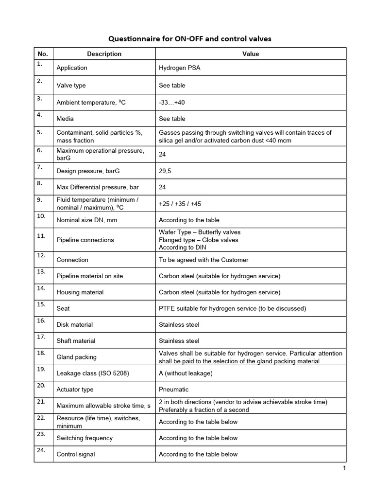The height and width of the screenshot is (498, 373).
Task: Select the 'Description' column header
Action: pyautogui.click(x=104, y=54)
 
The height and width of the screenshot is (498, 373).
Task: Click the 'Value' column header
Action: pyautogui.click(x=251, y=54)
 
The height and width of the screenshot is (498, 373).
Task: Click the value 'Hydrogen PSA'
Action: pyautogui.click(x=179, y=68)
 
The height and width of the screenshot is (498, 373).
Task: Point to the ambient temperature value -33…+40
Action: pyautogui.click(x=172, y=102)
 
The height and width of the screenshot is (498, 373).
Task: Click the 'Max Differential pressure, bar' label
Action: pyautogui.click(x=98, y=187)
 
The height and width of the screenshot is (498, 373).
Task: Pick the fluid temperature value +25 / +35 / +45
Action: pyautogui.click(x=180, y=204)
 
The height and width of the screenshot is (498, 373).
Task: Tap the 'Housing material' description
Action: pyautogui.click(x=80, y=292)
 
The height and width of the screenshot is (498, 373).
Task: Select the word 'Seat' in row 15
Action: pyautogui.click(x=63, y=308)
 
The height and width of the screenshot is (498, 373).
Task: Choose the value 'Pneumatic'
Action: pyautogui.click(x=173, y=390)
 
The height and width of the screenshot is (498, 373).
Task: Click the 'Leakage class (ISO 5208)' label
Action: pyautogui.click(x=93, y=373)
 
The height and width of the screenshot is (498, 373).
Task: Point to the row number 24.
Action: pyautogui.click(x=41, y=450)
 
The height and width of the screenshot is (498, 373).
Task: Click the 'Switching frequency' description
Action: pyautogui.click(x=85, y=438)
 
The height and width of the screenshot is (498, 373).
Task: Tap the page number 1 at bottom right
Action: pyautogui.click(x=344, y=468)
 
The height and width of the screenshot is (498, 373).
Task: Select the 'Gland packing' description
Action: pyautogui.click(x=76, y=357)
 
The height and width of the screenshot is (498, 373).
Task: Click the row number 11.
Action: pyautogui.click(x=41, y=236)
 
